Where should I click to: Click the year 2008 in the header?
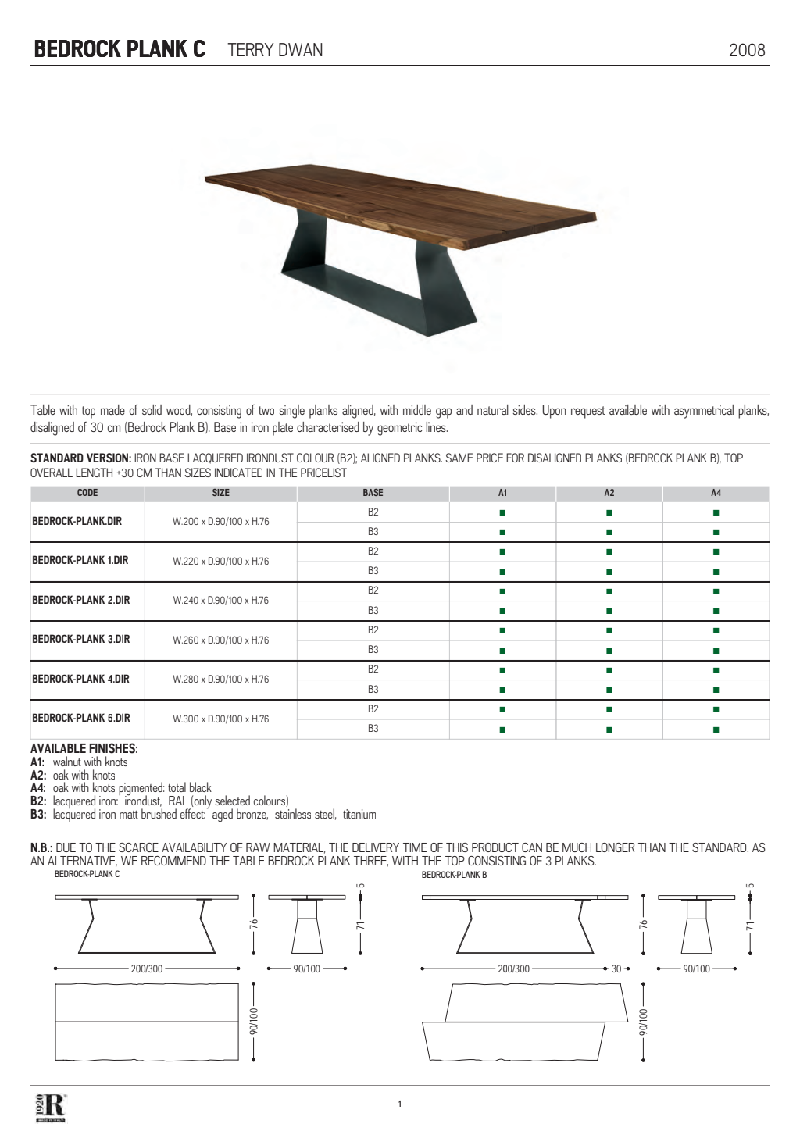746,50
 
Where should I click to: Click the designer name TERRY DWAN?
275,50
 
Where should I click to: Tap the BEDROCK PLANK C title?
120,49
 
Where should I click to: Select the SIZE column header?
221,493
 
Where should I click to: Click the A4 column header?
716,493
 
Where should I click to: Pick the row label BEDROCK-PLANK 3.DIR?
81,639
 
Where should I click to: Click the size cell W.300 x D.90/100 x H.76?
221,719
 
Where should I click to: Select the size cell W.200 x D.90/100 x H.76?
221,521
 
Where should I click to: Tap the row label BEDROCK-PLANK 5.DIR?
81,718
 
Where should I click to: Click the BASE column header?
373,493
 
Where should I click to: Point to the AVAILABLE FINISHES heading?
84,748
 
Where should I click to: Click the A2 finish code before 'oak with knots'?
38,776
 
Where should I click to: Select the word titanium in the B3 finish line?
359,815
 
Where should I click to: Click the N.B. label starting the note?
41,847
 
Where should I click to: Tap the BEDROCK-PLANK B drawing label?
454,875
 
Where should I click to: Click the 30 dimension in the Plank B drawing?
616,969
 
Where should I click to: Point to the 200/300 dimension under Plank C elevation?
147,969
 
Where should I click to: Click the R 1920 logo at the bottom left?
51,1108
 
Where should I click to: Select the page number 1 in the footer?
400,1104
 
